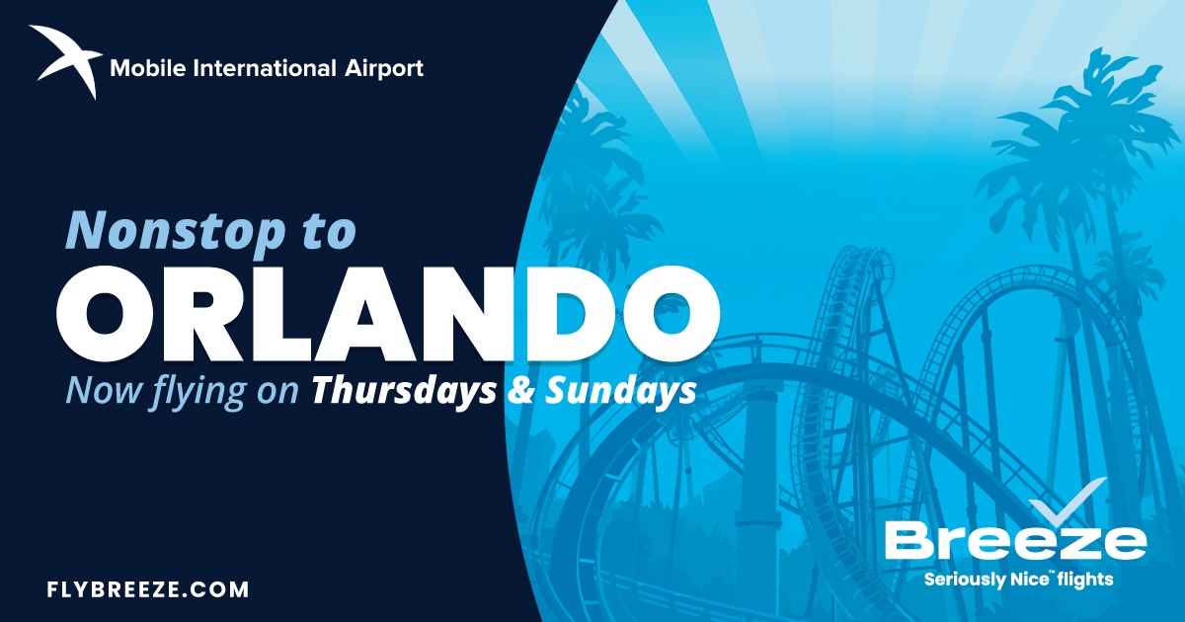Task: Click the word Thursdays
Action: click(x=403, y=391)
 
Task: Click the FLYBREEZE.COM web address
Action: click(x=148, y=590)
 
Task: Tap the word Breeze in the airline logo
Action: click(x=1015, y=542)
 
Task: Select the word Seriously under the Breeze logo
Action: click(x=964, y=580)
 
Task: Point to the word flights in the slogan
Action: click(x=1086, y=580)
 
